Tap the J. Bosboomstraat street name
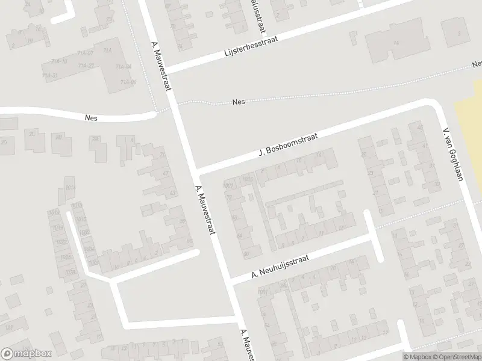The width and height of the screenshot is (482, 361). point(288,146)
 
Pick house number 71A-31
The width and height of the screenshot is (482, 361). point(50,75)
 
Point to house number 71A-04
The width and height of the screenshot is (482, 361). point(125,67)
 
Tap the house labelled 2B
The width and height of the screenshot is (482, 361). point(59,137)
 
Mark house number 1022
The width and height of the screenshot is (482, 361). point(62,242)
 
